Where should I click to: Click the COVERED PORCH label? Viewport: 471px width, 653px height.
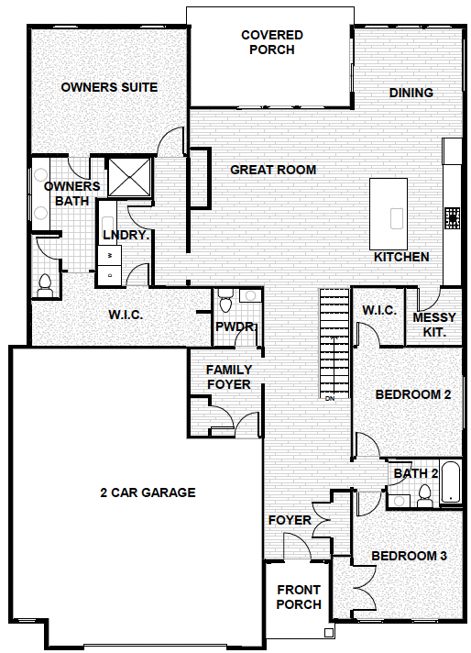click(272, 42)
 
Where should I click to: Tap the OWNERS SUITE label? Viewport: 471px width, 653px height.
click(109, 87)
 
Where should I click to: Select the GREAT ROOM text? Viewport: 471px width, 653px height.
click(273, 170)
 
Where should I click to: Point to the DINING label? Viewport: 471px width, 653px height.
click(411, 93)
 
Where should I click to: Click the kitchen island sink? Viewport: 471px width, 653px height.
click(397, 218)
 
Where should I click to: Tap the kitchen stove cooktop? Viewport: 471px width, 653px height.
click(452, 218)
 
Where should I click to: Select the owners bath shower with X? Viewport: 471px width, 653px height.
click(129, 177)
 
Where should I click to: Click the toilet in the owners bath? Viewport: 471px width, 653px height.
click(45, 285)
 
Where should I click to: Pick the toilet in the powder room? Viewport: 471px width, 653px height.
click(225, 301)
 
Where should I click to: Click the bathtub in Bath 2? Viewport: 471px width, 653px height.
click(450, 481)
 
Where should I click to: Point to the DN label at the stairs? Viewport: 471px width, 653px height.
click(330, 399)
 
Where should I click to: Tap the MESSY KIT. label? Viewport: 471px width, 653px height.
click(434, 325)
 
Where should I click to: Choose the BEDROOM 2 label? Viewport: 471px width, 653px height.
click(413, 394)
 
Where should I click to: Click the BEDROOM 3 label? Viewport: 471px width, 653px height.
click(409, 556)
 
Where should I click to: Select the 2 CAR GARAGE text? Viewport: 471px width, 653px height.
click(148, 493)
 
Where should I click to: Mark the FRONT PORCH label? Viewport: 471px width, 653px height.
click(299, 597)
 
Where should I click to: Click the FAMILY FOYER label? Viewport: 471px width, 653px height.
click(229, 377)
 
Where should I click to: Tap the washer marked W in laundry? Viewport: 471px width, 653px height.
click(110, 255)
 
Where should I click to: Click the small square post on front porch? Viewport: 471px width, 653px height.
click(329, 633)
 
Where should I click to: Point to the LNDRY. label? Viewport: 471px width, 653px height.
click(126, 235)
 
